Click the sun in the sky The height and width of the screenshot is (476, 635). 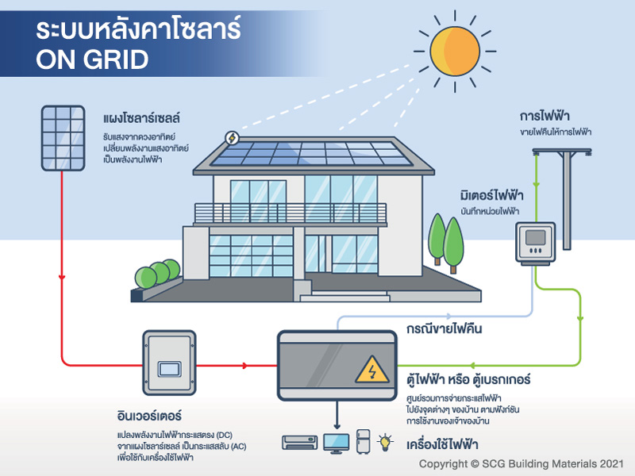tap(455, 52)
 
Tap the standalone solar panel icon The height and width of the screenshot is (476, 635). tap(63, 138)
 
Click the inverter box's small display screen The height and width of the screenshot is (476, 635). tap(169, 369)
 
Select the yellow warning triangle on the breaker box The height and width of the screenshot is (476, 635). tap(371, 370)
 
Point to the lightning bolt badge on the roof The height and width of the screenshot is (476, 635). tap(232, 138)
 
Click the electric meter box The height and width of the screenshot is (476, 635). tap(535, 244)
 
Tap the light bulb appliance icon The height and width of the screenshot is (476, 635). tap(385, 443)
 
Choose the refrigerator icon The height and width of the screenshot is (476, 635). tap(364, 442)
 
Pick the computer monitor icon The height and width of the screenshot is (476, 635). tap(336, 443)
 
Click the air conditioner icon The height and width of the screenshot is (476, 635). tap(300, 443)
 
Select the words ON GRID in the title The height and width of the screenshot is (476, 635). tap(92, 59)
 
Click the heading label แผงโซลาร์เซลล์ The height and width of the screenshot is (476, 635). tap(141, 118)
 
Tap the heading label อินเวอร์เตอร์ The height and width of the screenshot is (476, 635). tap(149, 416)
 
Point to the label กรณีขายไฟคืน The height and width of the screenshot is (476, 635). tap(444, 328)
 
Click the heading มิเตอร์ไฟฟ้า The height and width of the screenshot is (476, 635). tap(491, 195)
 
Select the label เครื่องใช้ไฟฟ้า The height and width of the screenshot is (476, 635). tap(442, 444)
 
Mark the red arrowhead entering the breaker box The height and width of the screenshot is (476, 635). tap(244, 366)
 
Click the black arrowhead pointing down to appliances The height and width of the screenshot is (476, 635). tap(337, 426)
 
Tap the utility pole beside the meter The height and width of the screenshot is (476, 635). tap(566, 198)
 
